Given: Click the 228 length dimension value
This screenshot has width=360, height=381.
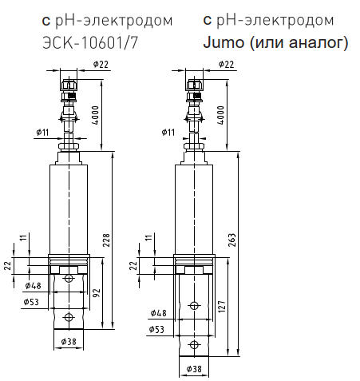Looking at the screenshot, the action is (106, 240).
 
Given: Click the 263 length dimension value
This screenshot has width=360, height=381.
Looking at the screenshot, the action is (232, 240).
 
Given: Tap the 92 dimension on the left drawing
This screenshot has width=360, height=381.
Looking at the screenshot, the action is (97, 293).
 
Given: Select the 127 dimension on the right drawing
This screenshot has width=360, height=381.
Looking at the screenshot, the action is (222, 307).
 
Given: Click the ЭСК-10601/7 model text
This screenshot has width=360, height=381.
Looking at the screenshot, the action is (90, 43).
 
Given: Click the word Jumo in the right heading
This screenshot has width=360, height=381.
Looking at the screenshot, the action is (224, 42).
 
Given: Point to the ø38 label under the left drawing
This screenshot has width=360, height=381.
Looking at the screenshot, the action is (69, 342).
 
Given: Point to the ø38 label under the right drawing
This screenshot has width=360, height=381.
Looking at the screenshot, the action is (194, 369).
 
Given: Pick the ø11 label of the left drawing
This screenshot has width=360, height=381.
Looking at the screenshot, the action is (42, 133).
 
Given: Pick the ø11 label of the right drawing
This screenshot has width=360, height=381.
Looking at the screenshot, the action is (168, 133).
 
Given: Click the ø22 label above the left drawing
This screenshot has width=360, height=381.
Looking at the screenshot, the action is (101, 65).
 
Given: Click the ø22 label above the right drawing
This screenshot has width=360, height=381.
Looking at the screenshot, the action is (226, 65).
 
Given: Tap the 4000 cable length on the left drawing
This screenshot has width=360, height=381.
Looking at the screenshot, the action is (95, 115).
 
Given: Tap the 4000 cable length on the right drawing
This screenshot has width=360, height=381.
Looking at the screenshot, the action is (221, 115).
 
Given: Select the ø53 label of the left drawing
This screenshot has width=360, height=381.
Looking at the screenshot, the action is (31, 302).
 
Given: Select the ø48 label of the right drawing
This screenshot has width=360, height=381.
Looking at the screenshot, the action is (159, 313).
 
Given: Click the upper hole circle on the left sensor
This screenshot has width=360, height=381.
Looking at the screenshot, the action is (69, 279).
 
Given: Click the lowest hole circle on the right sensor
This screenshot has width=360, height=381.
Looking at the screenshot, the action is (194, 345).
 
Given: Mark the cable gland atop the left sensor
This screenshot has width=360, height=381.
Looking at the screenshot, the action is (69, 90).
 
